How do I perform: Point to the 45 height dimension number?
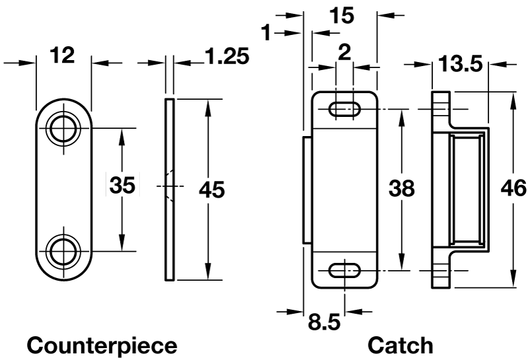coord(211,190)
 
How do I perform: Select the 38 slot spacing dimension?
coord(401,190)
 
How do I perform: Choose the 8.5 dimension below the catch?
coord(324,324)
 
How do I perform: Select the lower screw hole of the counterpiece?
coord(64,251)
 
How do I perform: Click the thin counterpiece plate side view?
coord(169,190)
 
